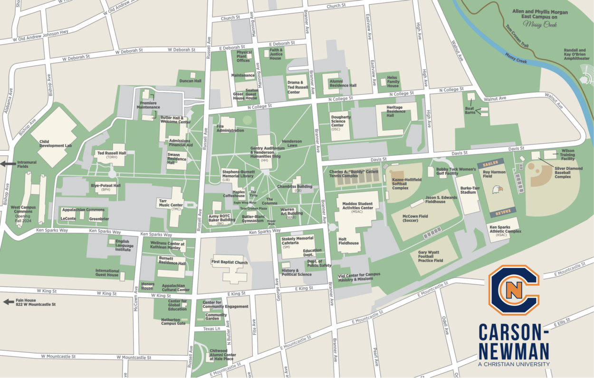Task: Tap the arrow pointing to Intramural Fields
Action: coord(8,164)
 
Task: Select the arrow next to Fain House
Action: coord(8,301)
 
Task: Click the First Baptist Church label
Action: coord(230,262)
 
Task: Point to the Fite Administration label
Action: coord(230,128)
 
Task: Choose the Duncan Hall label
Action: coord(190,81)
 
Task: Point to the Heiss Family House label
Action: coord(393,82)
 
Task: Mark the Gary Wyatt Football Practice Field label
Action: coord(431,256)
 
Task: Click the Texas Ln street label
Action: coord(211,329)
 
